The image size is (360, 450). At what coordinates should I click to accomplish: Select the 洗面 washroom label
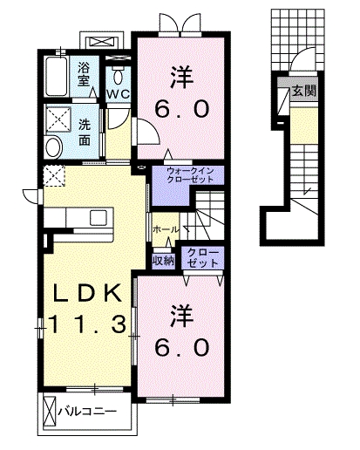(x=85, y=131)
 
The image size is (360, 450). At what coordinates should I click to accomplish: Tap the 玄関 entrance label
(x=302, y=90)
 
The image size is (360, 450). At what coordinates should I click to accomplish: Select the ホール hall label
(x=166, y=228)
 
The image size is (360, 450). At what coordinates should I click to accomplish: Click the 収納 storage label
(x=163, y=258)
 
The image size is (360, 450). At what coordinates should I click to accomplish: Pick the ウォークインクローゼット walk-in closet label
(x=187, y=175)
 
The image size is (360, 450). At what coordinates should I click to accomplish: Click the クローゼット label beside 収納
(x=201, y=258)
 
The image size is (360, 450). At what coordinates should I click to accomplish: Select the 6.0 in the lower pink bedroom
(x=182, y=346)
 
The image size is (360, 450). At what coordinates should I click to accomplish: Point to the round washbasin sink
(x=53, y=147)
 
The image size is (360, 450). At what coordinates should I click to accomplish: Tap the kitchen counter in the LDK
(x=77, y=216)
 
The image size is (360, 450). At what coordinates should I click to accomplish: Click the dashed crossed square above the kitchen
(x=53, y=176)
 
